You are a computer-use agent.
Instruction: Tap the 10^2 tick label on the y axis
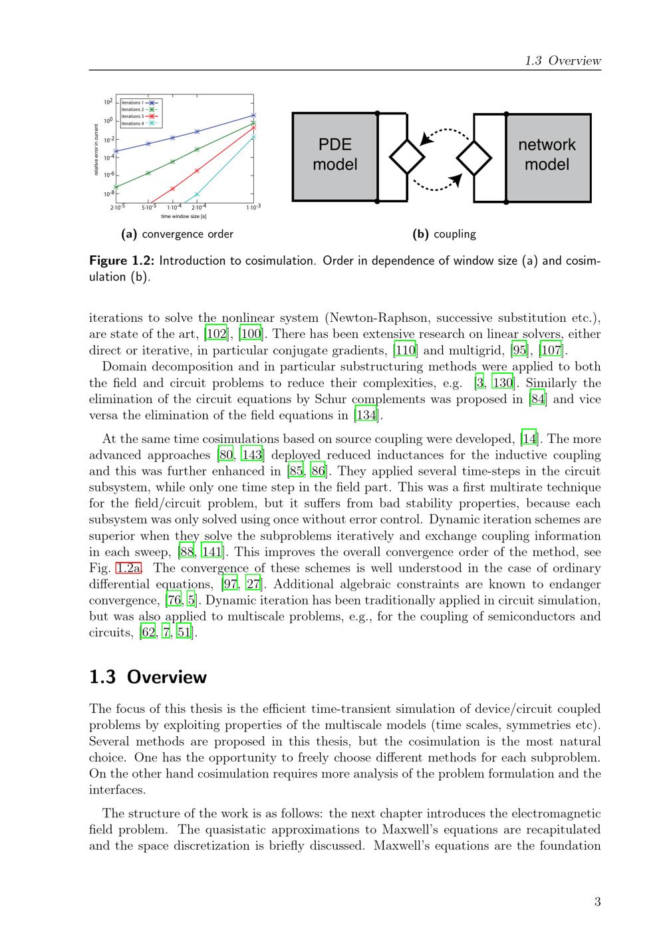pos(106,102)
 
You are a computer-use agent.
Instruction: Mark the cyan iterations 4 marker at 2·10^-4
pos(197,195)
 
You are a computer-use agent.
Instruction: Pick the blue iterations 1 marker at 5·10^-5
pos(148,144)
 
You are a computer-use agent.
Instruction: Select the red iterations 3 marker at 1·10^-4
pos(172,189)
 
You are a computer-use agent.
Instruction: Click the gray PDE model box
pos(335,157)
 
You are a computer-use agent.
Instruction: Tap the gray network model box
pos(548,157)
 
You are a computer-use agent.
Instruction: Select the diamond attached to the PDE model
pos(406,158)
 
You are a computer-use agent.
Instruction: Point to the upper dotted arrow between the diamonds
pos(444,133)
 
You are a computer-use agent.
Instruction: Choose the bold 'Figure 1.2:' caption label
pos(122,261)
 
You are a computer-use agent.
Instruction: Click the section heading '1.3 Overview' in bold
pos(148,677)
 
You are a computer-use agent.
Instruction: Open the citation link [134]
pos(366,416)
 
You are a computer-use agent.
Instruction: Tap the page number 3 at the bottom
pos(597,902)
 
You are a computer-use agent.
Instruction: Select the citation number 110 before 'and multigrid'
pos(406,350)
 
